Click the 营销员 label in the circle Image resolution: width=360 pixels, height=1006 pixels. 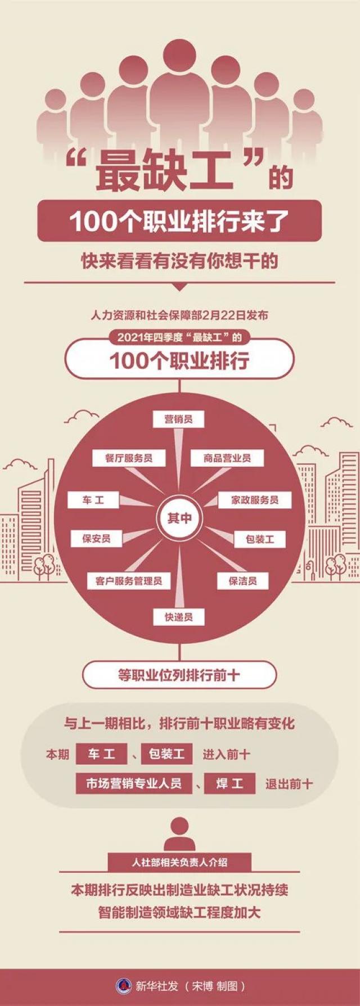point(178,419)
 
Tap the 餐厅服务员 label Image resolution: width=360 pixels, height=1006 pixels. point(129,458)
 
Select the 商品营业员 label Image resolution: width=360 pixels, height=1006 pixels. point(227,458)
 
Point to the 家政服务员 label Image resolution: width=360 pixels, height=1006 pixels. point(255,500)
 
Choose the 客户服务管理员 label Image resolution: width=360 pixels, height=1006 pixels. point(128,581)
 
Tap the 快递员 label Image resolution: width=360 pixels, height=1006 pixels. point(179,617)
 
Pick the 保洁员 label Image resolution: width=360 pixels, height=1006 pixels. point(242,581)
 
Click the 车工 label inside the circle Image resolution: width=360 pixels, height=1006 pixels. point(93,500)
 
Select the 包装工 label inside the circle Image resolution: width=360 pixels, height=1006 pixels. point(260,539)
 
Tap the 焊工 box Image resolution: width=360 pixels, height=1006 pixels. point(229,783)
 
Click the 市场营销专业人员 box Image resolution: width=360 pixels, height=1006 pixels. point(134,783)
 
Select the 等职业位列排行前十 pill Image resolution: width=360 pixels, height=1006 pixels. point(179,675)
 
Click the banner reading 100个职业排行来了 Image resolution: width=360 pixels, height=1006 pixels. point(179,221)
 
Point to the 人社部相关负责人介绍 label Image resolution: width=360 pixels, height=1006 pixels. point(179,862)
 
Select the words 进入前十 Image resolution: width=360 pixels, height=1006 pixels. point(227,754)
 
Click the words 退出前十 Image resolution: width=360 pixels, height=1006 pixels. point(289,784)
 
